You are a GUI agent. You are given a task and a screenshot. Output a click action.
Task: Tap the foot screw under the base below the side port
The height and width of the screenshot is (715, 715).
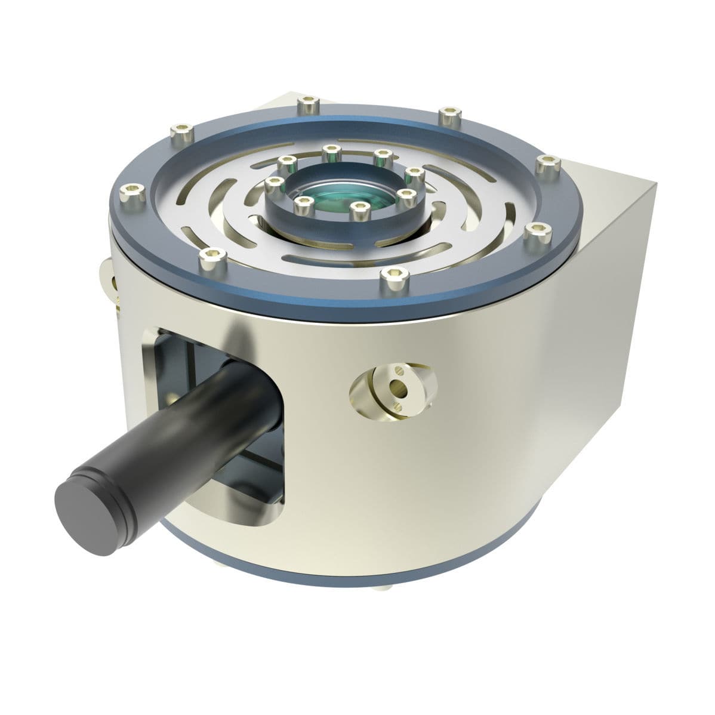tap(381, 588)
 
